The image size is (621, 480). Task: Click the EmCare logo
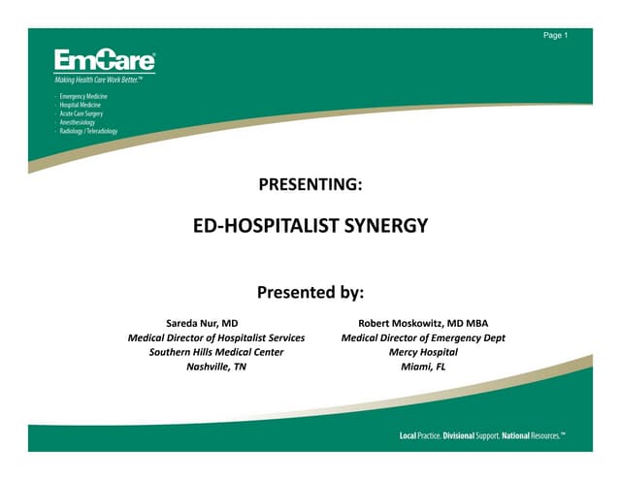[x=104, y=60]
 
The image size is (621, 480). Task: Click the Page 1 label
[x=555, y=36]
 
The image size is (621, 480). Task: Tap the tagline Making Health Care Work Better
[x=103, y=80]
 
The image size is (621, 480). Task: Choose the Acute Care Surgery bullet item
[x=82, y=113]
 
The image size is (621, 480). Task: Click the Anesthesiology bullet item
[x=78, y=122]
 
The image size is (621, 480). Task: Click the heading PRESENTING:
[x=310, y=183]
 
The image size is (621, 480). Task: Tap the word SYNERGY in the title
[x=385, y=227]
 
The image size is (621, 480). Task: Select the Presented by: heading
[x=310, y=291]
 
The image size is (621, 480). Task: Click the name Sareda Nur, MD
[x=203, y=322]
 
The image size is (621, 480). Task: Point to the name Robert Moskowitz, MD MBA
[x=423, y=322]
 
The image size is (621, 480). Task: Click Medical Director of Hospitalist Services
[x=216, y=337]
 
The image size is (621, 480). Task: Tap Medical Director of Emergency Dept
[x=423, y=337]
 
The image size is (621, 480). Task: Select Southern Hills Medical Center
[x=216, y=352]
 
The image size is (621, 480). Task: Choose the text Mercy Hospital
[x=423, y=352]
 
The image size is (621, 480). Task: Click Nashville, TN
[x=216, y=368]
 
